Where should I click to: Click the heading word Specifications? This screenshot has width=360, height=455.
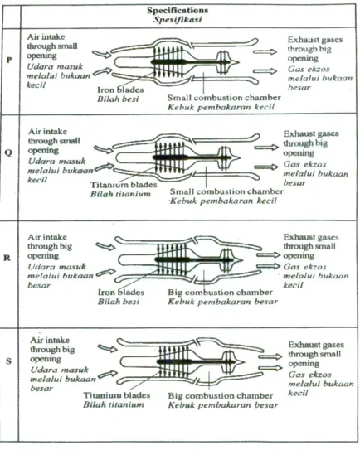pyautogui.click(x=178, y=11)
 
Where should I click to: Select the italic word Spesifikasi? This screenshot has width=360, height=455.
pyautogui.click(x=178, y=20)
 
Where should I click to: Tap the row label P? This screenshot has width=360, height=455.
pyautogui.click(x=9, y=60)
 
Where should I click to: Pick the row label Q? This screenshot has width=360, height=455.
pyautogui.click(x=8, y=152)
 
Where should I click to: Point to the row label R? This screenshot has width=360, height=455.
pyautogui.click(x=7, y=258)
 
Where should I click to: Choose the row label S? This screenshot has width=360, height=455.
pyautogui.click(x=8, y=361)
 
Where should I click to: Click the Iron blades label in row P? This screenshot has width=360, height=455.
pyautogui.click(x=120, y=90)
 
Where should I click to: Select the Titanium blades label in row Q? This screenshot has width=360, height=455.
pyautogui.click(x=124, y=185)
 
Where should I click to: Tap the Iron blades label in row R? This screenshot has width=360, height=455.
pyautogui.click(x=121, y=293)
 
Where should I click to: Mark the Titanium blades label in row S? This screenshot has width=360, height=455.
pyautogui.click(x=117, y=395)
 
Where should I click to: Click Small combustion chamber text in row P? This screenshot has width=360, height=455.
pyautogui.click(x=224, y=98)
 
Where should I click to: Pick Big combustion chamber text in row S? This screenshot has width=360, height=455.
pyautogui.click(x=221, y=396)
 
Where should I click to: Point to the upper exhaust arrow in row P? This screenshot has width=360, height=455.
pyautogui.click(x=265, y=52)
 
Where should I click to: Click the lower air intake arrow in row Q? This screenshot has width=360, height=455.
pyautogui.click(x=104, y=167)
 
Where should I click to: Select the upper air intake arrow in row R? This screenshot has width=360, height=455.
pyautogui.click(x=105, y=246)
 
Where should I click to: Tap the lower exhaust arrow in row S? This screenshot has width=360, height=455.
pyautogui.click(x=270, y=368)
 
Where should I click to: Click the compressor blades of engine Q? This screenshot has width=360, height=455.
pyautogui.click(x=170, y=157)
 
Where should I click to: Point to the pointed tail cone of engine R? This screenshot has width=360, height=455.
pyautogui.click(x=237, y=259)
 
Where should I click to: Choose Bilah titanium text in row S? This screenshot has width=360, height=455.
pyautogui.click(x=114, y=404)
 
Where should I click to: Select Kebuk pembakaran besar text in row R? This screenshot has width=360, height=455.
pyautogui.click(x=223, y=302)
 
